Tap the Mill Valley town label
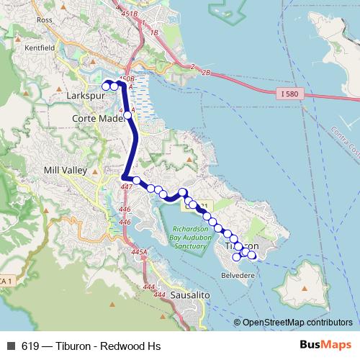pyautogui.click(x=66, y=171)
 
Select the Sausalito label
pyautogui.click(x=189, y=295)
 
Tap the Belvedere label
pyautogui.click(x=238, y=275)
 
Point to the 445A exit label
pyautogui.click(x=139, y=253)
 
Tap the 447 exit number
pyautogui.click(x=127, y=187)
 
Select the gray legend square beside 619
pyautogui.click(x=11, y=345)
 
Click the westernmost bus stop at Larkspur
pyautogui.click(x=106, y=86)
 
